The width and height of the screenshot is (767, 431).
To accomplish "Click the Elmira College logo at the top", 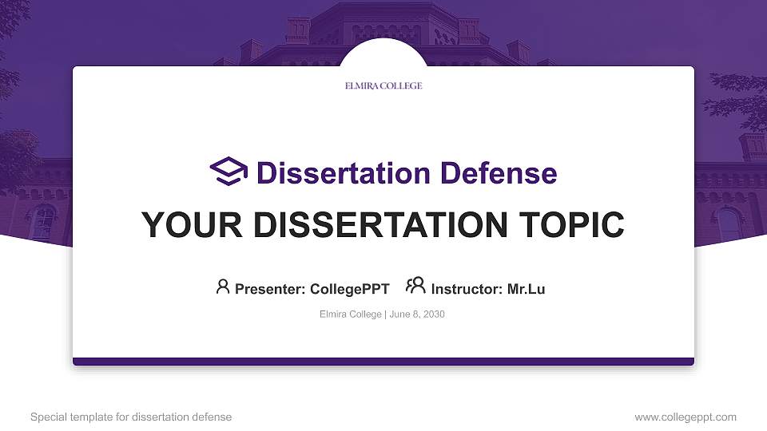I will [383, 85].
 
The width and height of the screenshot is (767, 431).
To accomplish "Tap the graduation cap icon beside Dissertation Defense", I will [229, 172].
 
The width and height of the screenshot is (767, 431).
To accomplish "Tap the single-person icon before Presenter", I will [223, 286].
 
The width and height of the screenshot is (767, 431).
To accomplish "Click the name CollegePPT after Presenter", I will [349, 289].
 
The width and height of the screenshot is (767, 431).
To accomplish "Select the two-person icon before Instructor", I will [415, 285].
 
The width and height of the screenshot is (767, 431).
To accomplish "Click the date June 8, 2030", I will [417, 314].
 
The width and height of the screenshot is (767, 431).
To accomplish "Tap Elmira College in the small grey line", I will [350, 314].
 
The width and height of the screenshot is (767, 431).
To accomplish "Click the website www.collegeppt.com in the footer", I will [686, 417].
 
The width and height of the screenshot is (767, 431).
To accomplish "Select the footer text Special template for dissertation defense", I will [131, 417].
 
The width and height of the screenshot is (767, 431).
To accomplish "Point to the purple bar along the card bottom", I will [383, 362].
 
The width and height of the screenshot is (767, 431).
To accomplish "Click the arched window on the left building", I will [43, 222].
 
